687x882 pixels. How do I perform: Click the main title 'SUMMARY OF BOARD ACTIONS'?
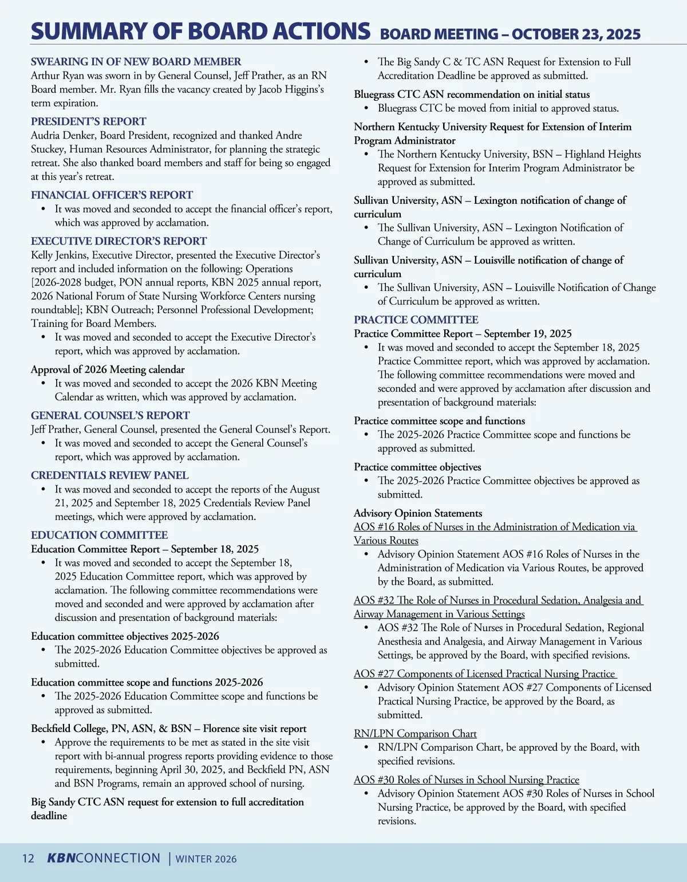[200, 31]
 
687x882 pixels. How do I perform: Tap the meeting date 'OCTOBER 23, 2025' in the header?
[576, 34]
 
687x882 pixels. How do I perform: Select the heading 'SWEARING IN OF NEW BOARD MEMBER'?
[136, 61]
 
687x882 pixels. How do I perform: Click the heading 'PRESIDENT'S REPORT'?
[88, 121]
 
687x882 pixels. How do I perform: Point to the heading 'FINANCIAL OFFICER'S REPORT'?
[112, 195]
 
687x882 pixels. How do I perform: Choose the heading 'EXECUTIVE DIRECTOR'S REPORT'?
[119, 241]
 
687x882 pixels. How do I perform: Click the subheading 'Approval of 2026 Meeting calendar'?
[108, 369]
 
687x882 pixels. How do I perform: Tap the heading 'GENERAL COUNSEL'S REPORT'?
[110, 415]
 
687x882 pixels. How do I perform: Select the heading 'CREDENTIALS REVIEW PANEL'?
[109, 475]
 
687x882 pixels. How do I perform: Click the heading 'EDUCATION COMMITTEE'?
[99, 535]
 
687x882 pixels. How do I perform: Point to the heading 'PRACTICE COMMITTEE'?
[416, 320]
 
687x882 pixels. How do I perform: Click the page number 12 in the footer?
[28, 859]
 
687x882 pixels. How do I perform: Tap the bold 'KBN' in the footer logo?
[61, 858]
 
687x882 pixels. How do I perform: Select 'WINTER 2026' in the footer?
[206, 859]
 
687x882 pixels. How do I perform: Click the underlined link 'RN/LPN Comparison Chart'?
[415, 734]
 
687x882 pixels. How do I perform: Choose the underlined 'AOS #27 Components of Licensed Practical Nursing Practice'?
[484, 674]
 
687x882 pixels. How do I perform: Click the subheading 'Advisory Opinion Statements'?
[418, 513]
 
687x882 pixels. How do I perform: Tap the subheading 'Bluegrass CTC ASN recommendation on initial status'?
[472, 94]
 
